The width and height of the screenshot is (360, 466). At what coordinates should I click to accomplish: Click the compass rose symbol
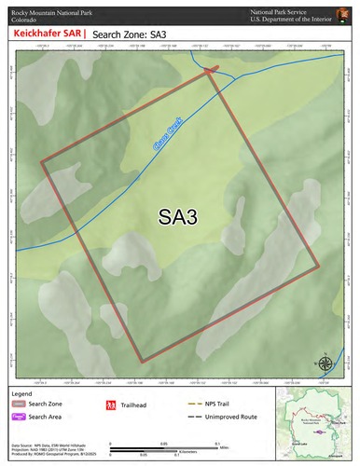click(324, 363)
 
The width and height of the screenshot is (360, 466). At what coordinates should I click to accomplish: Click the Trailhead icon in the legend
click(110, 404)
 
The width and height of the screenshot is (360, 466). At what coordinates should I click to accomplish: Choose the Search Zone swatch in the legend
click(18, 404)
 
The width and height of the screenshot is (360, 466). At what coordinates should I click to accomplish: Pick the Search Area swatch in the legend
click(18, 417)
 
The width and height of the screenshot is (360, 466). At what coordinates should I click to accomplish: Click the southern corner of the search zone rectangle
click(142, 362)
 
